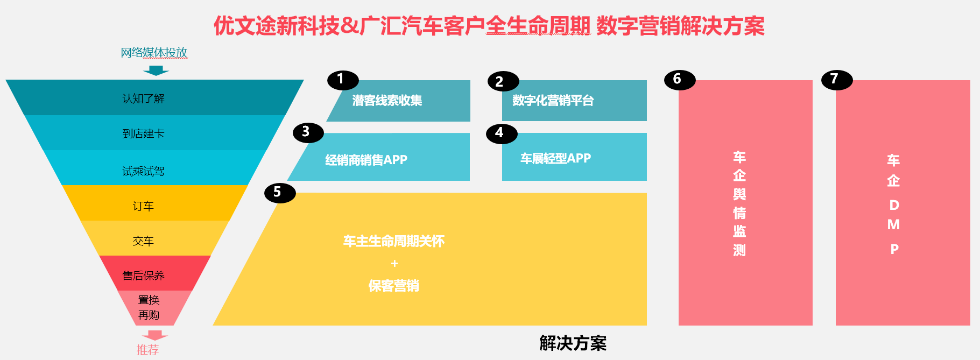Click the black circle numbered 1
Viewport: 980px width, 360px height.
pyautogui.click(x=343, y=80)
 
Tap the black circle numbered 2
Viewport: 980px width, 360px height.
pyautogui.click(x=503, y=81)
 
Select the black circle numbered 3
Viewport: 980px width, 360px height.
pyautogui.click(x=308, y=132)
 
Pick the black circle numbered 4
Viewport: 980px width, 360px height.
pyautogui.click(x=502, y=133)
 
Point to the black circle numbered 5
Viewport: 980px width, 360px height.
pyautogui.click(x=280, y=193)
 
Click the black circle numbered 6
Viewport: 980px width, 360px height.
pyautogui.click(x=680, y=80)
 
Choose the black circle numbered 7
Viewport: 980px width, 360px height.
pyautogui.click(x=837, y=80)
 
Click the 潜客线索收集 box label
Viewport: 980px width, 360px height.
pyautogui.click(x=387, y=101)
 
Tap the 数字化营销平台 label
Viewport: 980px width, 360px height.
pyautogui.click(x=553, y=101)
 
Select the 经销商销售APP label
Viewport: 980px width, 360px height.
pyautogui.click(x=366, y=160)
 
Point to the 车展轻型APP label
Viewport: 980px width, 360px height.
pyautogui.click(x=555, y=158)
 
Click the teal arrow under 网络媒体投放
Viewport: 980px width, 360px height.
pyautogui.click(x=156, y=70)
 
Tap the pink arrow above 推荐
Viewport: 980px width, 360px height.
pyautogui.click(x=155, y=335)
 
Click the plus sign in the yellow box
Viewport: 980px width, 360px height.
pyautogui.click(x=394, y=264)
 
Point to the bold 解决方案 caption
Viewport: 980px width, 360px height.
pyautogui.click(x=573, y=343)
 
